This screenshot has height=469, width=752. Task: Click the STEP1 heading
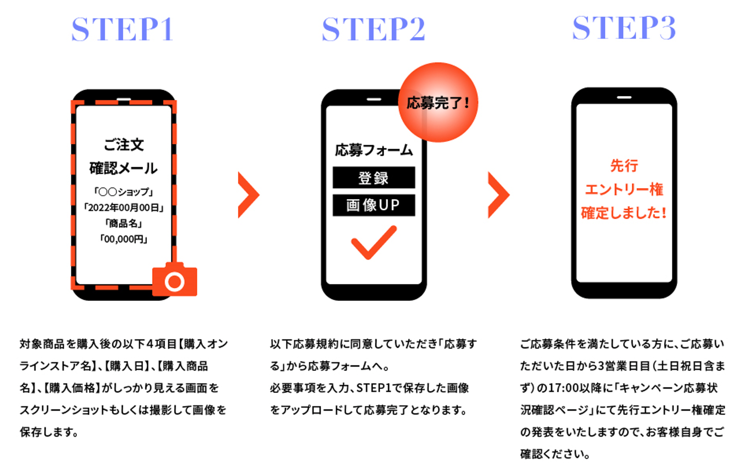tap(123, 29)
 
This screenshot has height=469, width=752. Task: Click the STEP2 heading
tap(374, 29)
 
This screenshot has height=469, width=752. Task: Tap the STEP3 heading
tap(624, 28)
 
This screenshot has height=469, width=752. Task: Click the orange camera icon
tap(174, 280)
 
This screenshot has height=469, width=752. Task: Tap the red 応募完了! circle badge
tap(438, 103)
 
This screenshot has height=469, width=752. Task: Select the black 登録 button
tap(374, 178)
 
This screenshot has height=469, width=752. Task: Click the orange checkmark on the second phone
tap(374, 242)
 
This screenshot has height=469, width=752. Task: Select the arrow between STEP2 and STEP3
tap(498, 195)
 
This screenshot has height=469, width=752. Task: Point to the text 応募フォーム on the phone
tap(374, 150)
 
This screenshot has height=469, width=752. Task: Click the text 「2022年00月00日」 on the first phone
tap(124, 208)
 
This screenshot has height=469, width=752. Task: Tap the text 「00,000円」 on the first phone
tap(124, 239)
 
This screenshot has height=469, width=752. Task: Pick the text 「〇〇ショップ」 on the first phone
tap(124, 192)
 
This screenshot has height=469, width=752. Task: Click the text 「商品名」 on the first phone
tap(124, 223)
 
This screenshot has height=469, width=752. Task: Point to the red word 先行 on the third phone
tap(624, 166)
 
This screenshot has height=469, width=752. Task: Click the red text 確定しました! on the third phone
tap(624, 213)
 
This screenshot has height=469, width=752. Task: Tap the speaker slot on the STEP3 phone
tap(624, 97)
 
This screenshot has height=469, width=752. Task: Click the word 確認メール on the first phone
tap(124, 168)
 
